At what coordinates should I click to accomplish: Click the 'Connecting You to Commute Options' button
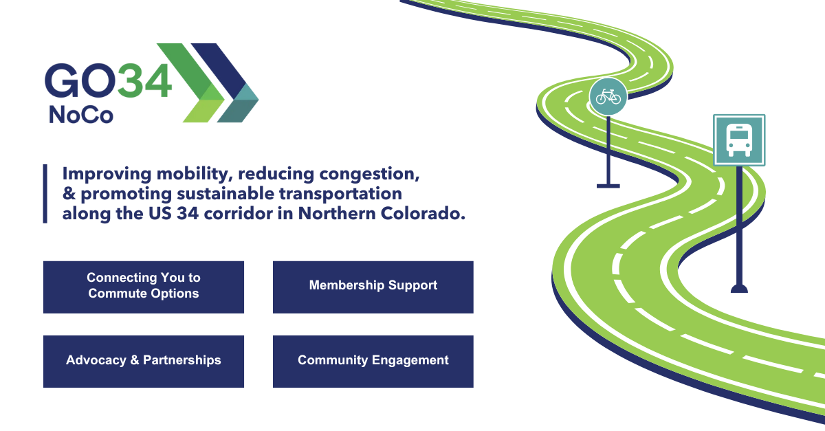click(143, 286)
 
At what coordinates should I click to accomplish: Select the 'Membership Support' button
click(373, 286)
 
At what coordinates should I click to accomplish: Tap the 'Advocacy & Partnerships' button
click(143, 361)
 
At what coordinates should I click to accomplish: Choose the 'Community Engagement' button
click(373, 361)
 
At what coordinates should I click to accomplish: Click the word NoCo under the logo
click(80, 115)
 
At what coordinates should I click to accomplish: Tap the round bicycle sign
click(608, 96)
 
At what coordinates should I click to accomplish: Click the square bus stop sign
click(738, 140)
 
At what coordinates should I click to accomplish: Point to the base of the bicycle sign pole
click(608, 184)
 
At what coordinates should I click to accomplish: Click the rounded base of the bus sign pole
click(739, 288)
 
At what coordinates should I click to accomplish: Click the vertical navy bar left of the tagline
click(45, 194)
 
